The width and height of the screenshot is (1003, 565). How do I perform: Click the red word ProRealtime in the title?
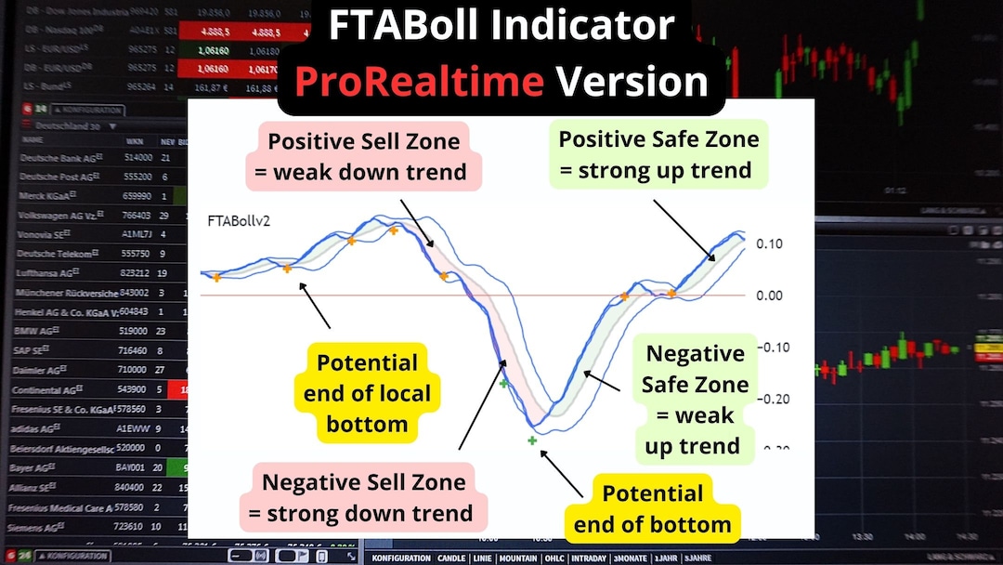[x=419, y=82]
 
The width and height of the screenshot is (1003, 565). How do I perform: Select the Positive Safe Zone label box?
[x=658, y=155]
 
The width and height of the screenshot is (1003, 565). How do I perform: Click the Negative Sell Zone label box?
[x=363, y=497]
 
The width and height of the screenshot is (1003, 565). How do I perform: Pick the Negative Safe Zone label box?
[x=696, y=400]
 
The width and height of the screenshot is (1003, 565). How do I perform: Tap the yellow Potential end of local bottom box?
[x=368, y=393]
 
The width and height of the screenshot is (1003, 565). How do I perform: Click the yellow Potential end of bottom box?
[x=652, y=508]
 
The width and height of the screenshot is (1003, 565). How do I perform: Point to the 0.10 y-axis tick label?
[x=769, y=243]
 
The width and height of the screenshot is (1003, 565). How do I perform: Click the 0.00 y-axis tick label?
[x=769, y=296]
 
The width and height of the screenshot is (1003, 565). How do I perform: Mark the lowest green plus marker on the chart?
[x=532, y=440]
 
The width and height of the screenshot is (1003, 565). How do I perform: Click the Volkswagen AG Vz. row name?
[x=59, y=216]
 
